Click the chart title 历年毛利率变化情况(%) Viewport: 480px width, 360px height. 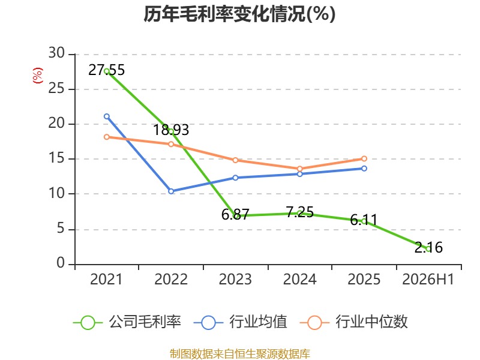(239, 14)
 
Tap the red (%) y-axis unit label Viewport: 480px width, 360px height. (38, 76)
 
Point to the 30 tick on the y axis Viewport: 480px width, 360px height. (56, 53)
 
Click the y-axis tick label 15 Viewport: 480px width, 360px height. (56, 158)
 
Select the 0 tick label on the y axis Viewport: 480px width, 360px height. (61, 263)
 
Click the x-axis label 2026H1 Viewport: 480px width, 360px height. (428, 280)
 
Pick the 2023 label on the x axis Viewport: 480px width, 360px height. (235, 280)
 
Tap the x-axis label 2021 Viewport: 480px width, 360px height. (106, 280)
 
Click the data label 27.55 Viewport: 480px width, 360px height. (107, 70)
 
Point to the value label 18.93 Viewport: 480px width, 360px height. (171, 130)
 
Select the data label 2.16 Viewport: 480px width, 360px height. (428, 247)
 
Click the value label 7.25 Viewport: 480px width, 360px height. (300, 212)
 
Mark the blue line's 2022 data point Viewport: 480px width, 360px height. (171, 191)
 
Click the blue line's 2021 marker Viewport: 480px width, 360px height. (107, 116)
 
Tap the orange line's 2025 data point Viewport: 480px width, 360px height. (364, 158)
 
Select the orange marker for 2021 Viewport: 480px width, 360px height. (107, 137)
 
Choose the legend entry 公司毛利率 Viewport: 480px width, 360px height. (127, 322)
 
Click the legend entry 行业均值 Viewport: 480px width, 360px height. (241, 322)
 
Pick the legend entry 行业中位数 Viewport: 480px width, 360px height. (354, 322)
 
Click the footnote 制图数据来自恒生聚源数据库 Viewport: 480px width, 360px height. (240, 354)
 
